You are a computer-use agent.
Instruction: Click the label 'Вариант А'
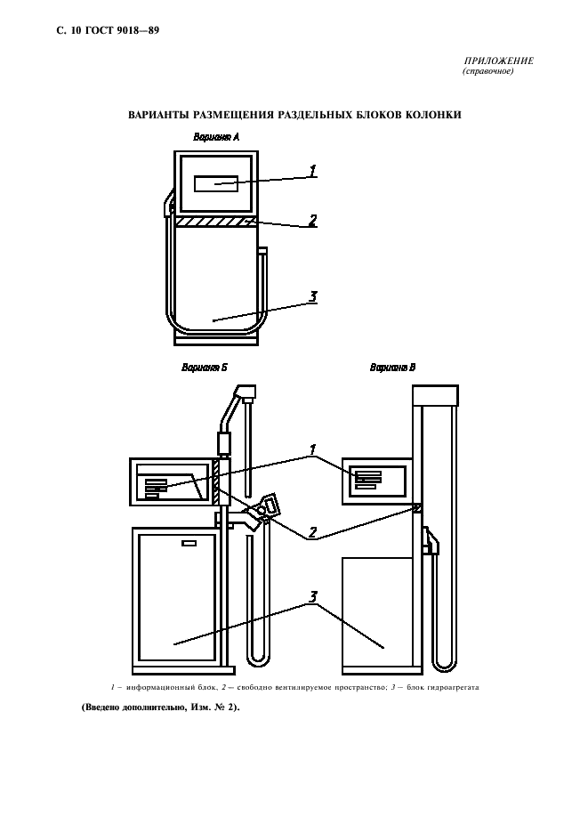(x=216, y=136)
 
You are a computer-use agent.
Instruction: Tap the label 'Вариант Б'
(x=205, y=367)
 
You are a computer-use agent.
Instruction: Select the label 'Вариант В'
(x=392, y=367)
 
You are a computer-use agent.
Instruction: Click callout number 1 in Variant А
(x=313, y=170)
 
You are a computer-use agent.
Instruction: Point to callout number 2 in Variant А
(x=313, y=220)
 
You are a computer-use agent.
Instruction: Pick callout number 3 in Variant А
(x=313, y=297)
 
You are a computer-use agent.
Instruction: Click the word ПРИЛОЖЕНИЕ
(x=498, y=61)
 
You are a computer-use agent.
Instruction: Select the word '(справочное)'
(x=488, y=71)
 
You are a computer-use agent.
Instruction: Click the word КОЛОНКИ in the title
(x=433, y=115)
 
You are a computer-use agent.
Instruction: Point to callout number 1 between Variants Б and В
(x=312, y=449)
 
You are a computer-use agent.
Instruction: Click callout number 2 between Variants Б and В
(x=312, y=533)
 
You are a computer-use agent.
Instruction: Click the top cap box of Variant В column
(x=436, y=393)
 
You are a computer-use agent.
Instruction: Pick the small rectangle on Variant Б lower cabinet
(x=189, y=542)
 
